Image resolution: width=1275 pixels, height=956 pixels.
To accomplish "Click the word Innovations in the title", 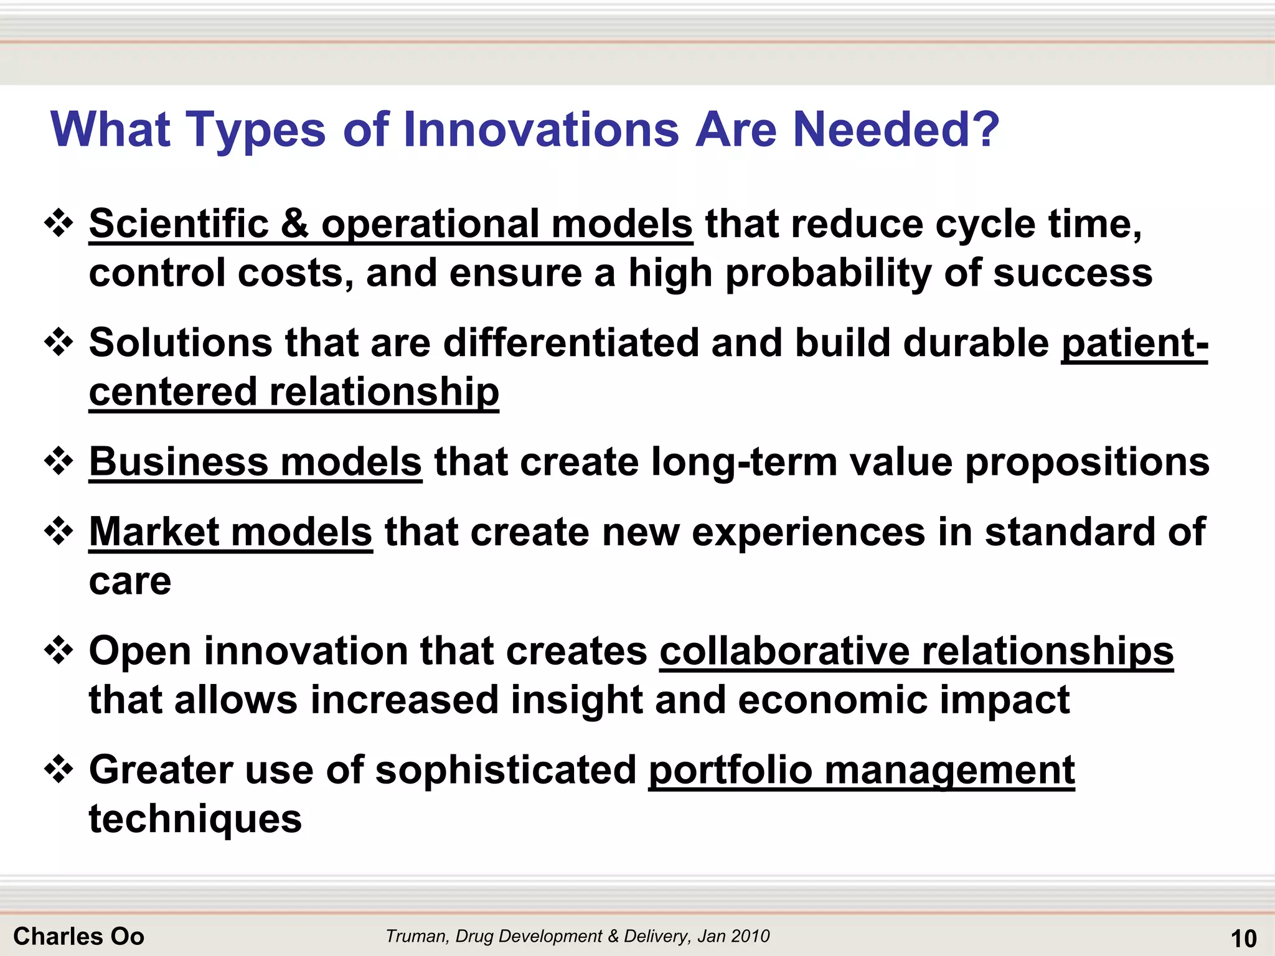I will pos(540,129).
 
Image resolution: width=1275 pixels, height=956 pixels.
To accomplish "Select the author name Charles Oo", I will pos(78,936).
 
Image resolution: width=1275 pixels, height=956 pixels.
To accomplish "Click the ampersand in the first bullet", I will pos(294,224).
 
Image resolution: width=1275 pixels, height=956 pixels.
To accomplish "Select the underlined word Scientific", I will pos(178,224).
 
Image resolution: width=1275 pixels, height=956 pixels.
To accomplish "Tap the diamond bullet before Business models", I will pos(59,462).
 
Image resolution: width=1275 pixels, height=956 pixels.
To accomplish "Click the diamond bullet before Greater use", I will pos(59,770).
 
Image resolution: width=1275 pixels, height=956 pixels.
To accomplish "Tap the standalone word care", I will pos(130,582).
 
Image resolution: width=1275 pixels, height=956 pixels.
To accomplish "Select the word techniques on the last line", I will pos(195,819).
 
